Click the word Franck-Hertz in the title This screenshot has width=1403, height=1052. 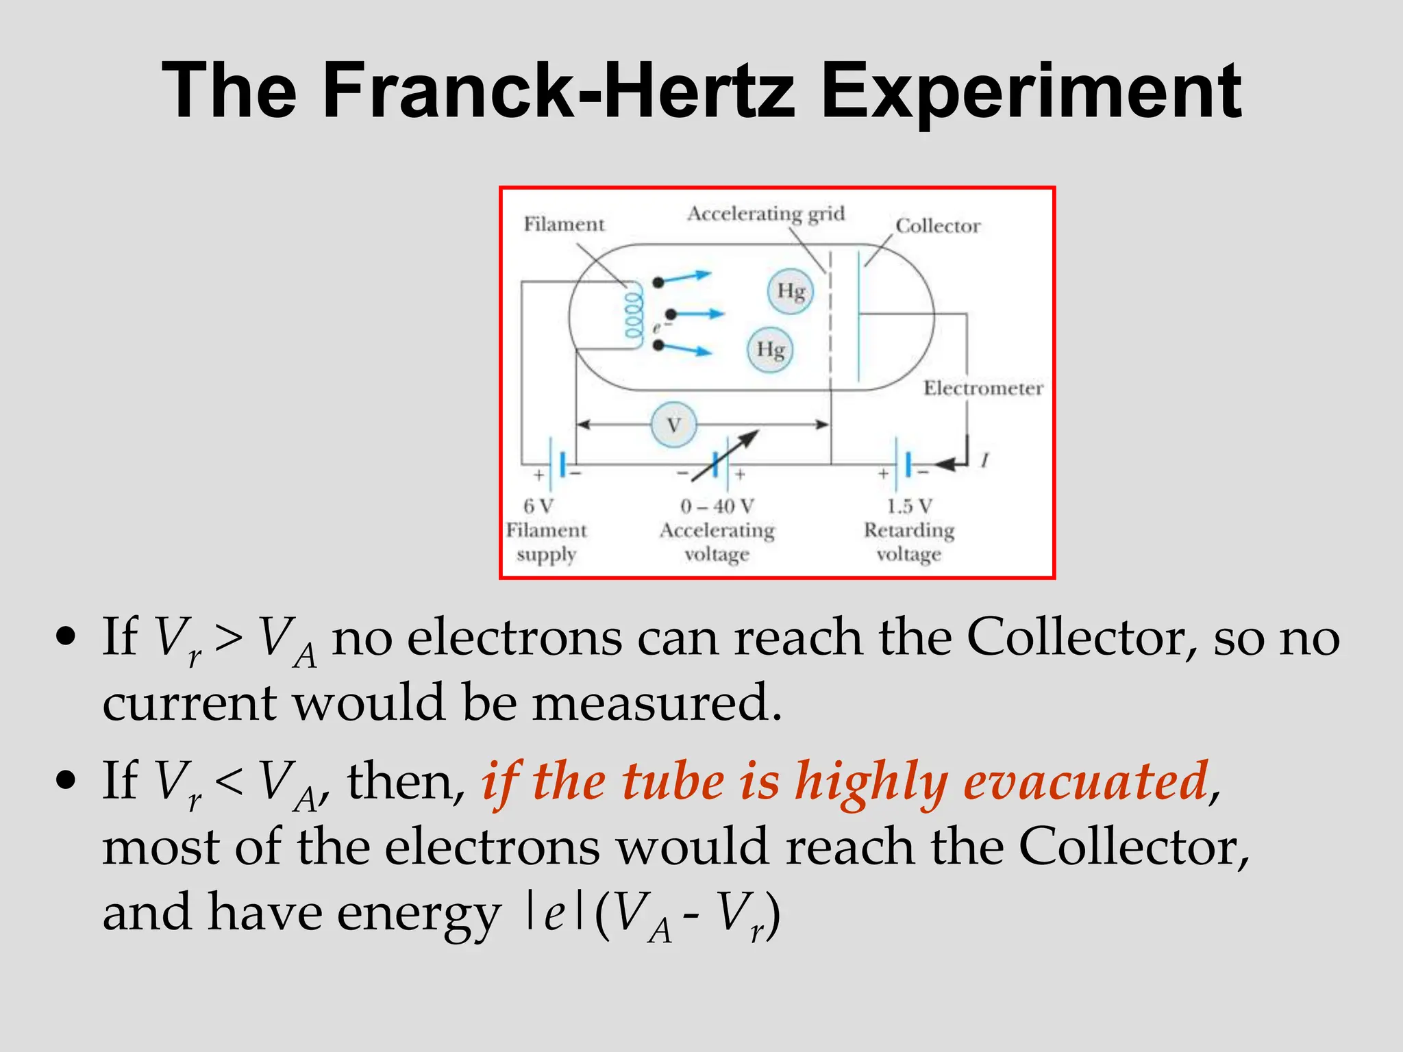(x=558, y=91)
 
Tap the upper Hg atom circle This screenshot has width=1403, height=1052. (x=791, y=291)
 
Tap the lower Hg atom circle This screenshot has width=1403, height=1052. (x=770, y=350)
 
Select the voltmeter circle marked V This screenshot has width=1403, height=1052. (x=673, y=425)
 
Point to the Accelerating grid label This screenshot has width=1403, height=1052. (x=766, y=214)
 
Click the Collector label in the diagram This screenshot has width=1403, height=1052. (x=938, y=226)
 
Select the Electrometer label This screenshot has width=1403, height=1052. (x=983, y=388)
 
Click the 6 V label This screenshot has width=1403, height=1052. (x=538, y=506)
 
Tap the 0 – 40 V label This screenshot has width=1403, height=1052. (x=717, y=506)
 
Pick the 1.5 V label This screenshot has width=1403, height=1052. (x=909, y=506)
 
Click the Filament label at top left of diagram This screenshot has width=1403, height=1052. (x=564, y=225)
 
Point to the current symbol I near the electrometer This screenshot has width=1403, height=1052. (x=984, y=461)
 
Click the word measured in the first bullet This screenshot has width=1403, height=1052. (x=657, y=703)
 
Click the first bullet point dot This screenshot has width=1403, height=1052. (x=66, y=637)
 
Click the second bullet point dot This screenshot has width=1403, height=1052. (x=66, y=780)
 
